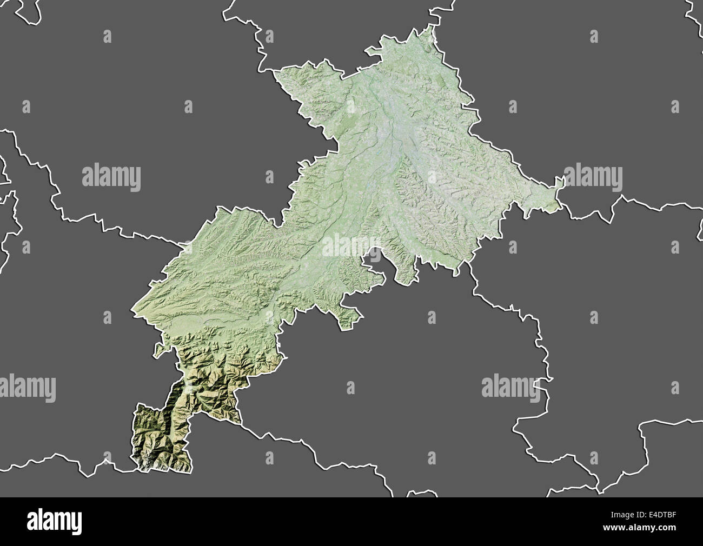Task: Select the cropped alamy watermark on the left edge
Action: tap(27, 388)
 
